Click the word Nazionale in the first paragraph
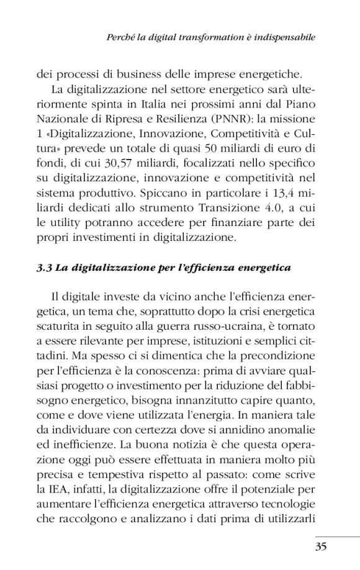(x=63, y=118)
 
